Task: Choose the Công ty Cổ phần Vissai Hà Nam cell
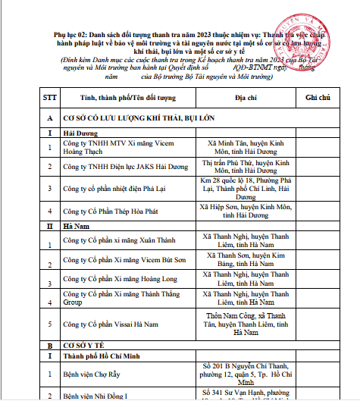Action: click(114, 323)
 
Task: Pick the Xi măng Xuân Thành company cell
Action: click(121, 243)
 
